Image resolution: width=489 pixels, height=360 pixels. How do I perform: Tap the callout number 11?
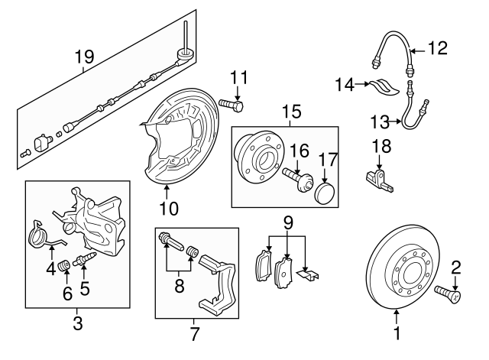pos(239,76)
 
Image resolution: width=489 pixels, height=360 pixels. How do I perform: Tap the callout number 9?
pos(288,223)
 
